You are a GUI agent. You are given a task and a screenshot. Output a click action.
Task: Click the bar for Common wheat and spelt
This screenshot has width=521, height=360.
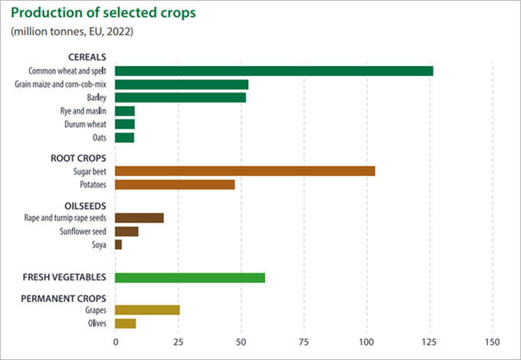tap(274, 70)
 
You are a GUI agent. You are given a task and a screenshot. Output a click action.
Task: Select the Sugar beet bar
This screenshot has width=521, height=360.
tap(245, 171)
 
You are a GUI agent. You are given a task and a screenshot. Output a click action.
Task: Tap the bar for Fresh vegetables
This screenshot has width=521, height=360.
tap(190, 277)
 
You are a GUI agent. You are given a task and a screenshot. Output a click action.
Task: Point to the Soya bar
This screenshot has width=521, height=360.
tap(119, 244)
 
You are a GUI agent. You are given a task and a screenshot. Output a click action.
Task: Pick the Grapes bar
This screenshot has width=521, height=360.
tap(147, 310)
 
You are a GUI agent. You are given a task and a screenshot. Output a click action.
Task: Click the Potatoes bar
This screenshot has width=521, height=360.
tap(175, 185)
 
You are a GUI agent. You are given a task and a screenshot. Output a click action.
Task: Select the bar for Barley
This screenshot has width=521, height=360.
tap(180, 97)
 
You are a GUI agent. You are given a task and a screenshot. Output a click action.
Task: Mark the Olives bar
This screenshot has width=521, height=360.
tap(126, 323)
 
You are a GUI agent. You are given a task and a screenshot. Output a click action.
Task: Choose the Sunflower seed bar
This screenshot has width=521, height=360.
tap(126, 231)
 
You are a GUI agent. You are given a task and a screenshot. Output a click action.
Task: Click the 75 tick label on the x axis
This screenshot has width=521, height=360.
tap(303, 341)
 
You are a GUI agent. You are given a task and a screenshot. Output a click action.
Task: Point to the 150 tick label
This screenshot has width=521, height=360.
tap(492, 341)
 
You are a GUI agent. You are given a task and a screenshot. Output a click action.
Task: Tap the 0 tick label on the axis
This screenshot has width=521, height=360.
tap(116, 341)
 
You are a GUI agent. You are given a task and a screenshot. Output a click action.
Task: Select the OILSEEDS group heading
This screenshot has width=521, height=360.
tap(86, 205)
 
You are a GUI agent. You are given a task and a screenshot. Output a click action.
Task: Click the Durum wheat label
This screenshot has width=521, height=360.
tap(86, 124)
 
